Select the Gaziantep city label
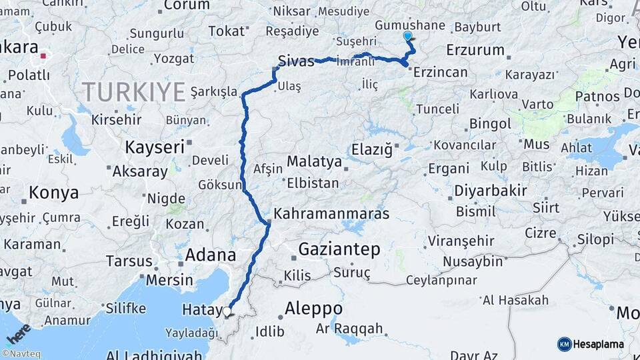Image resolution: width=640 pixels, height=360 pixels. (339, 250)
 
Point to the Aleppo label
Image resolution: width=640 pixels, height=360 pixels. (313, 309)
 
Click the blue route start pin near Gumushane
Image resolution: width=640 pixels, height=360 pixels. (408, 37)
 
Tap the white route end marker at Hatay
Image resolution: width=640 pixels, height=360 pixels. (227, 311)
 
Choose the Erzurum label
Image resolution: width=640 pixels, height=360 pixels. (475, 50)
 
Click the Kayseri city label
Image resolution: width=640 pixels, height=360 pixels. (155, 147)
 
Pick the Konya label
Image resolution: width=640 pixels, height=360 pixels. (54, 193)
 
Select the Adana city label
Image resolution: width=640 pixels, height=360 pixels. (210, 255)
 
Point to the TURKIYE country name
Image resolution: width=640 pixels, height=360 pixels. (133, 91)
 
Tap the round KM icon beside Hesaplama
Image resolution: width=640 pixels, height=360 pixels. (564, 344)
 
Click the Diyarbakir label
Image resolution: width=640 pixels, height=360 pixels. (491, 191)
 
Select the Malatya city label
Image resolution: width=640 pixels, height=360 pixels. (314, 161)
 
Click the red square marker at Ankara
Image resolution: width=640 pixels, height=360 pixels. (43, 56)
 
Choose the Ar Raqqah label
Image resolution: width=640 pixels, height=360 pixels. (349, 328)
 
